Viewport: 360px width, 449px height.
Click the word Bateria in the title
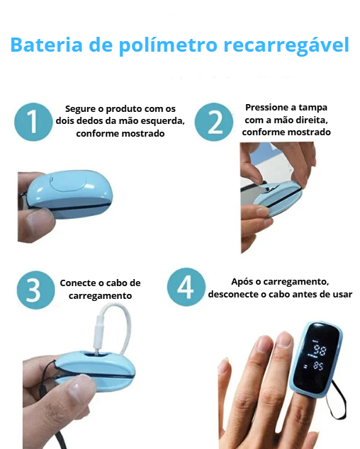pos(47,45)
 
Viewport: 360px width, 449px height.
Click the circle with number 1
pos(33,122)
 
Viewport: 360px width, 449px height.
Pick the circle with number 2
pos(214,122)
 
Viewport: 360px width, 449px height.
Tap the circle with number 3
pos(35,290)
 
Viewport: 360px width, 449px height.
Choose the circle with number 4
pos(186,287)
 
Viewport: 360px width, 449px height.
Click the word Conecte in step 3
pos(77,283)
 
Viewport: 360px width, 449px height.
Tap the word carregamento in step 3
pos(101,296)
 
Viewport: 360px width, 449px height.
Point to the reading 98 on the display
pos(320,350)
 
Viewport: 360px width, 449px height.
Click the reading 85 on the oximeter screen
pos(318,365)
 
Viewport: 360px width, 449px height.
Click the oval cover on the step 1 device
pos(69,181)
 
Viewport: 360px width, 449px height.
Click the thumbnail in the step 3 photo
pos(81,386)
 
